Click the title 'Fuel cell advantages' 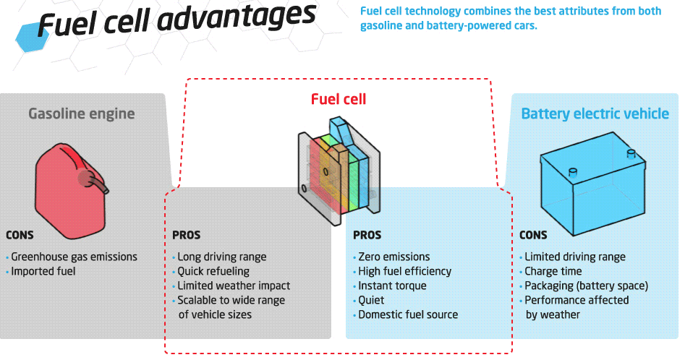(177, 20)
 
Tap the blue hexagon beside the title (28, 30)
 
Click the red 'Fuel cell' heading (339, 98)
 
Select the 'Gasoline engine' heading (81, 113)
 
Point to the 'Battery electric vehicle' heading (595, 113)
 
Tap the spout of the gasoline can (101, 182)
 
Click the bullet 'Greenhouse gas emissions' (74, 257)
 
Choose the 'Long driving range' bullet (221, 257)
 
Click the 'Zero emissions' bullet (393, 257)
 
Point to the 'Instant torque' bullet (392, 286)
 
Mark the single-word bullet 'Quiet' (371, 300)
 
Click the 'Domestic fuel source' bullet (408, 314)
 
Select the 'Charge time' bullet (553, 271)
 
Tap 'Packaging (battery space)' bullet (586, 286)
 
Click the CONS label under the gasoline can (20, 235)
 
